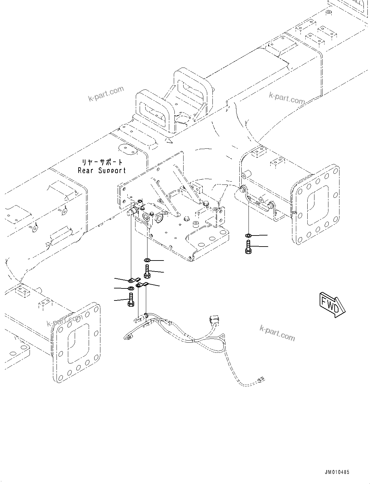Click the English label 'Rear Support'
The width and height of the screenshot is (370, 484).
click(x=102, y=171)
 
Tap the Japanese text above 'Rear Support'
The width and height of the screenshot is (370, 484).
click(x=102, y=162)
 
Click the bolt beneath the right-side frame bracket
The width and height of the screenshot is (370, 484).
click(x=248, y=247)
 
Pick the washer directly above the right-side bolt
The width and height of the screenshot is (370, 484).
click(x=248, y=235)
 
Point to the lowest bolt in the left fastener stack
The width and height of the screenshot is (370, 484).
click(x=131, y=299)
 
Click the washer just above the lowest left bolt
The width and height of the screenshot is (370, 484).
click(x=131, y=288)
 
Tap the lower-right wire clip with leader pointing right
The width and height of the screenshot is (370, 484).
click(x=142, y=285)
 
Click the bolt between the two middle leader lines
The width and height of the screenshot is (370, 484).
click(x=147, y=271)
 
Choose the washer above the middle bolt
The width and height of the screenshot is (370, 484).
click(x=147, y=260)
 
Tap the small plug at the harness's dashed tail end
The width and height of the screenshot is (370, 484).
click(x=261, y=378)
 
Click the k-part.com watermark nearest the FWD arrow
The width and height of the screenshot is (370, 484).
click(x=277, y=333)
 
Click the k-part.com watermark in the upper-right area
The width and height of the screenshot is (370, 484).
click(x=287, y=98)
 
